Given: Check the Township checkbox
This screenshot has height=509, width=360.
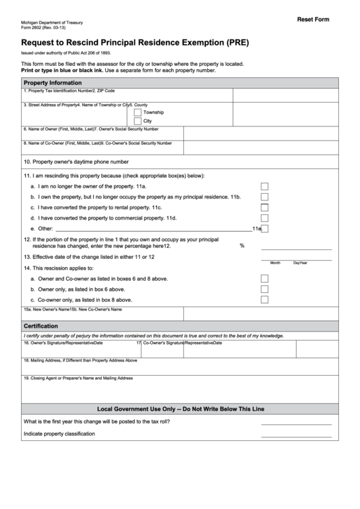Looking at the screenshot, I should click(x=138, y=112).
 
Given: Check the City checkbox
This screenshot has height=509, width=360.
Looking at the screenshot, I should click(x=138, y=121).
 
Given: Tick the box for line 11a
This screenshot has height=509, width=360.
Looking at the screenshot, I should click(x=264, y=186).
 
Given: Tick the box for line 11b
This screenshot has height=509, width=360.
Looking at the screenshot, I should click(x=264, y=197).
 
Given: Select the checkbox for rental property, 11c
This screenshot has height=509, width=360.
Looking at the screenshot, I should click(x=264, y=207).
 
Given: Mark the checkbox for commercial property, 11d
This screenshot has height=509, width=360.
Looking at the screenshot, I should click(x=264, y=218).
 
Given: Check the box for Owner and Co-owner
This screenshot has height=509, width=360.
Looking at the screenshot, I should click(x=264, y=278).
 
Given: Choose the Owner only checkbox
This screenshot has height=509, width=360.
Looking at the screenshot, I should click(x=264, y=289).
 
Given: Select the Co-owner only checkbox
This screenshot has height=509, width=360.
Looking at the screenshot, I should click(x=264, y=299).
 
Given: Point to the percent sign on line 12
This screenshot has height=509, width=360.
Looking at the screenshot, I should click(x=242, y=245).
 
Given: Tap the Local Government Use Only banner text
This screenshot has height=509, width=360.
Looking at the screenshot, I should click(x=181, y=409).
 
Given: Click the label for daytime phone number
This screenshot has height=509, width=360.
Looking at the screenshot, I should click(x=76, y=162).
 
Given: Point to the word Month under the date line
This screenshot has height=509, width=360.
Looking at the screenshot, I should click(x=275, y=262).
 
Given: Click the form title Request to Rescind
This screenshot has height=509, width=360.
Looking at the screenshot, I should click(x=130, y=41).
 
